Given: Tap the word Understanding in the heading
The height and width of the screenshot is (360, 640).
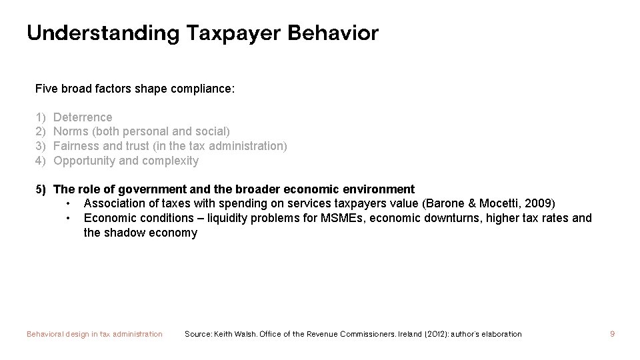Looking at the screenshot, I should (102, 33).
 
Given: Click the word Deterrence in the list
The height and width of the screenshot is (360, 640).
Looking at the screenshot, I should (83, 117).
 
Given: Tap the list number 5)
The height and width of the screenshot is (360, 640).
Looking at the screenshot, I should (41, 189).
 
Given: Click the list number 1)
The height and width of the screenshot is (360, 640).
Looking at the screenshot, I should (41, 117).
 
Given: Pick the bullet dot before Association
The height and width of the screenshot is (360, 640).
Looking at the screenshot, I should (69, 203).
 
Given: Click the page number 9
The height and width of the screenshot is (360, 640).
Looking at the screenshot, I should (612, 334).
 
